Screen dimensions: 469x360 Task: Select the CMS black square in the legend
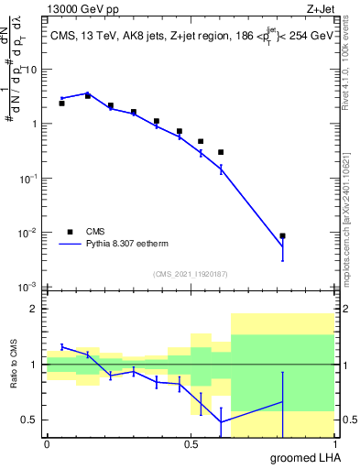coord(69,232)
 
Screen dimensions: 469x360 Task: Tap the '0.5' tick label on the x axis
coord(191,444)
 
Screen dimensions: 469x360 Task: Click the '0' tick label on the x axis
coord(47,444)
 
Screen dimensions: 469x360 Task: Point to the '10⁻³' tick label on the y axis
coord(28,287)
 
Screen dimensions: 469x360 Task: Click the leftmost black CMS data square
coord(61,104)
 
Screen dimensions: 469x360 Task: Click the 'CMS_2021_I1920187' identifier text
coord(190,274)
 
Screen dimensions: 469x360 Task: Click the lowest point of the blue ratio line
coord(221,421)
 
